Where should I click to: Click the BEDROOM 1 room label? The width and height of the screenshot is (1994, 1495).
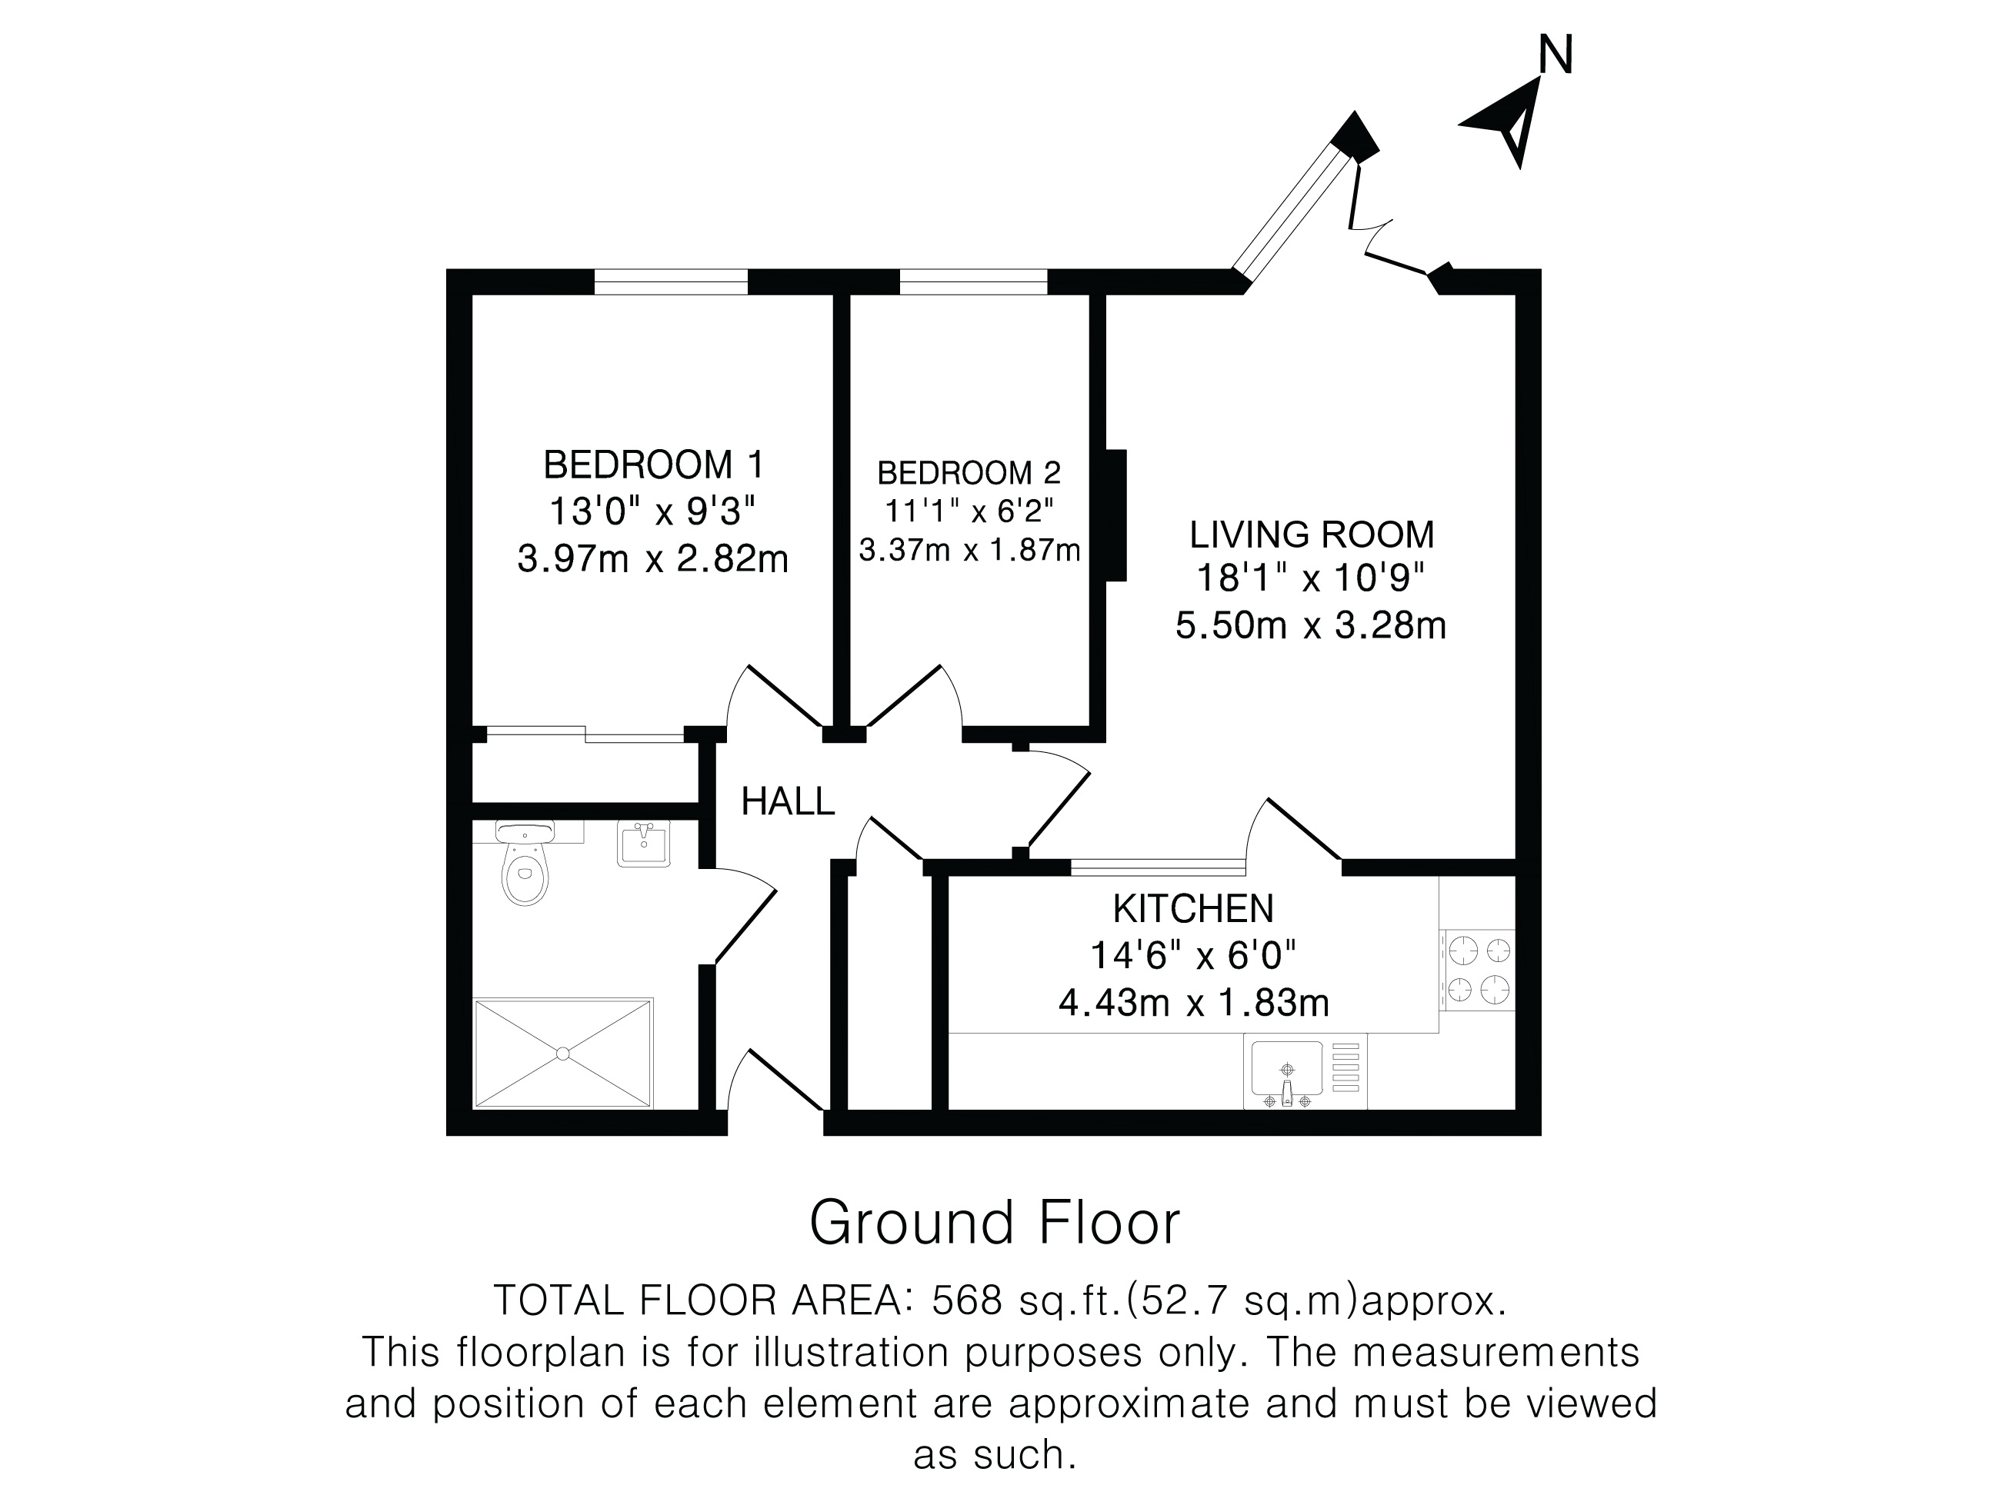(x=654, y=465)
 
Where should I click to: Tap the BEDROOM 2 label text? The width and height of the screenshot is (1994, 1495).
(x=969, y=472)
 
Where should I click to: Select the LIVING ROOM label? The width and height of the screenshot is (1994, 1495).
(x=1312, y=534)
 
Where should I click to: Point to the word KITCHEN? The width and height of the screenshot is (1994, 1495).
(x=1193, y=908)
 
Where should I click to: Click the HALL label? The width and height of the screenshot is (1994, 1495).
(x=788, y=801)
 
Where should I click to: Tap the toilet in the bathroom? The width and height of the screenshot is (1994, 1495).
(x=525, y=862)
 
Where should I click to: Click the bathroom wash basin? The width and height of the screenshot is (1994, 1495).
(x=644, y=844)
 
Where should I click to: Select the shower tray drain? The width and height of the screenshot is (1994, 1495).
(x=562, y=1053)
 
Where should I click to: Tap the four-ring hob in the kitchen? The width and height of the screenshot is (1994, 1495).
(x=1479, y=970)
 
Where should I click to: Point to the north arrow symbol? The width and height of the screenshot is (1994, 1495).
(x=1505, y=122)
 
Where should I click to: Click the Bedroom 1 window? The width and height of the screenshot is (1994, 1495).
(x=671, y=282)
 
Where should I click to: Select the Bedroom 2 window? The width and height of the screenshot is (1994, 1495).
(x=974, y=282)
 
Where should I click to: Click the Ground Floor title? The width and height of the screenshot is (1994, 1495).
(x=995, y=1223)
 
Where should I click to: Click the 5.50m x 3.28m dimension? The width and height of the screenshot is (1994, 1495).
(x=1311, y=625)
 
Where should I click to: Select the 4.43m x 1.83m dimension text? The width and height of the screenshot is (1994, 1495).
(x=1193, y=1003)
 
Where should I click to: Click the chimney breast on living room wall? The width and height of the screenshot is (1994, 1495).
(x=1117, y=514)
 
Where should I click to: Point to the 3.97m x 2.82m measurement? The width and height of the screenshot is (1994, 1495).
(x=652, y=559)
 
